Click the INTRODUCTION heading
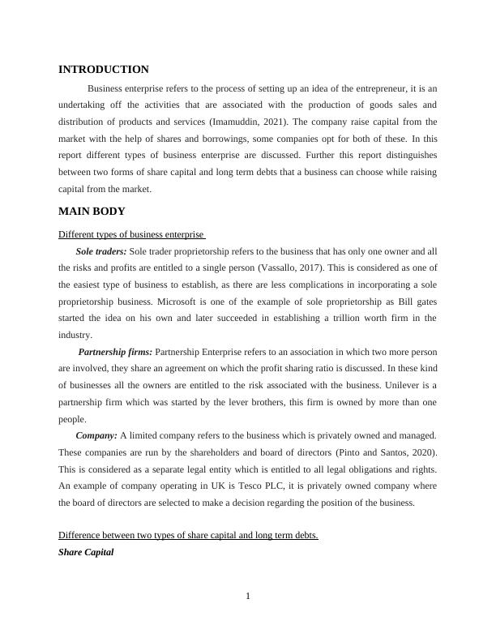point(104,70)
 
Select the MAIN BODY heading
point(92,212)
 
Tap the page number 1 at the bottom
point(248,597)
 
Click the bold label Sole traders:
point(100,251)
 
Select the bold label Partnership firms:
point(115,353)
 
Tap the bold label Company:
point(96,436)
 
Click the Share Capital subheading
point(86,552)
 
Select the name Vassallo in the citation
point(278,268)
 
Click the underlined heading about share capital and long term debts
point(188,536)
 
